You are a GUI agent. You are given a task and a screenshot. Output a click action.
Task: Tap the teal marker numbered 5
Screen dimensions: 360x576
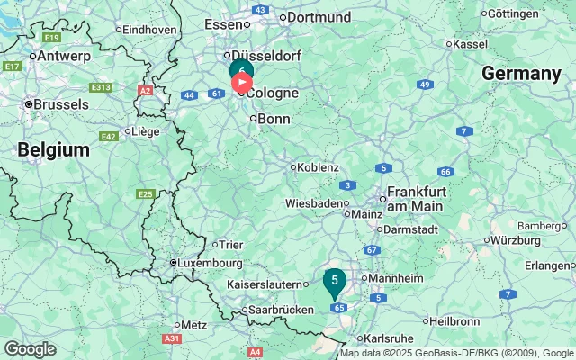(335, 282)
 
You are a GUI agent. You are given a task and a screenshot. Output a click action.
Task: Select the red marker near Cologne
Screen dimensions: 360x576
(242, 83)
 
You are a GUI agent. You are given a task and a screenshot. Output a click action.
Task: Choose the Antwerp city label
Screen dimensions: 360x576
(64, 56)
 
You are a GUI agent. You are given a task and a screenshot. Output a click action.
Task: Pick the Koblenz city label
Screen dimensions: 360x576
(318, 167)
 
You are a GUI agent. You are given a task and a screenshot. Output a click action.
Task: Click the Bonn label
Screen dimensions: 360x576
(274, 119)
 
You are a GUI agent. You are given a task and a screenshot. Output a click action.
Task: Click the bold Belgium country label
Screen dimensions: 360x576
(54, 149)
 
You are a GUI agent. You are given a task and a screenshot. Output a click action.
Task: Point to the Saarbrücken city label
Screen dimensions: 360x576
(279, 309)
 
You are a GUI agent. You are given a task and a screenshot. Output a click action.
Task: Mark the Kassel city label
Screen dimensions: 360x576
(471, 43)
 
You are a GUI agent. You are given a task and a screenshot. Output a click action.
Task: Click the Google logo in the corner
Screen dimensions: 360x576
(30, 348)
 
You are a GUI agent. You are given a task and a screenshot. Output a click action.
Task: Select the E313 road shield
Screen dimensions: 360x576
(101, 87)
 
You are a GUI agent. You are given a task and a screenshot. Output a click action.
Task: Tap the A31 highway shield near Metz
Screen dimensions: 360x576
(171, 338)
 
